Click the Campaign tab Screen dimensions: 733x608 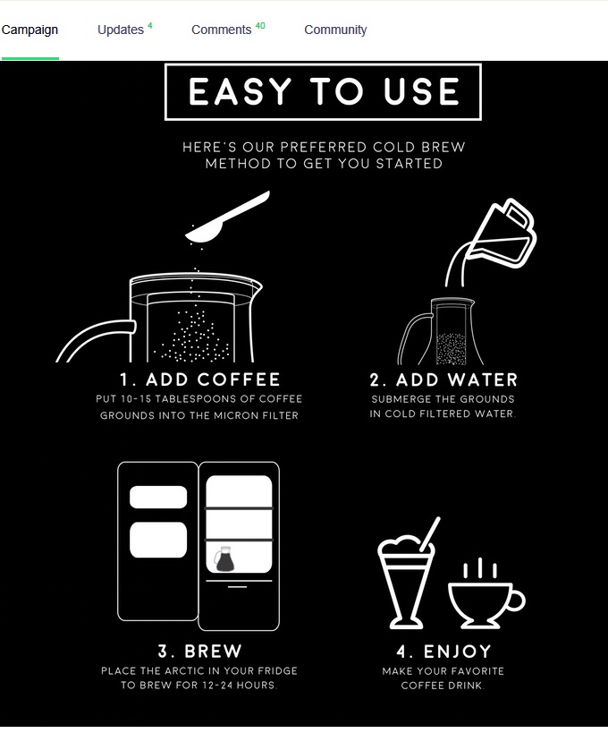(30, 30)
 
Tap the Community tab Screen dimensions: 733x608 (335, 30)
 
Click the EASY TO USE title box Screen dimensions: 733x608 (323, 92)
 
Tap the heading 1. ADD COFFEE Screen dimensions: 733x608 (200, 379)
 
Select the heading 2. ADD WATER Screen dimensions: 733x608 (443, 379)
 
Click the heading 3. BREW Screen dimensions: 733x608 (198, 651)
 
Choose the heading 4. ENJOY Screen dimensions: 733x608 (443, 651)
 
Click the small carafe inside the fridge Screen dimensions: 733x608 (223, 559)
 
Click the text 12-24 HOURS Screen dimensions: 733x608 (237, 686)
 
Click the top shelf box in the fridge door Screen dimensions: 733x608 (158, 497)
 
